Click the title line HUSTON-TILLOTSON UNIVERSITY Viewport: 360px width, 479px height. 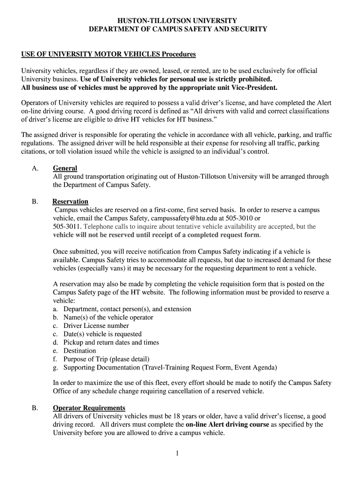178,21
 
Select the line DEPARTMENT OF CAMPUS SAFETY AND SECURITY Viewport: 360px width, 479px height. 178,29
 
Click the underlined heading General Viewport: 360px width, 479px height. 65,168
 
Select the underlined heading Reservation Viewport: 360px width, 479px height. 70,202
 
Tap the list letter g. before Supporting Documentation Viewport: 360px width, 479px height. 55,368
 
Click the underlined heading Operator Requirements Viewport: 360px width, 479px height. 89,408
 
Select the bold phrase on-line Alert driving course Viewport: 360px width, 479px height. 227,425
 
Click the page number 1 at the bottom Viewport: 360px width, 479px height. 178,453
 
